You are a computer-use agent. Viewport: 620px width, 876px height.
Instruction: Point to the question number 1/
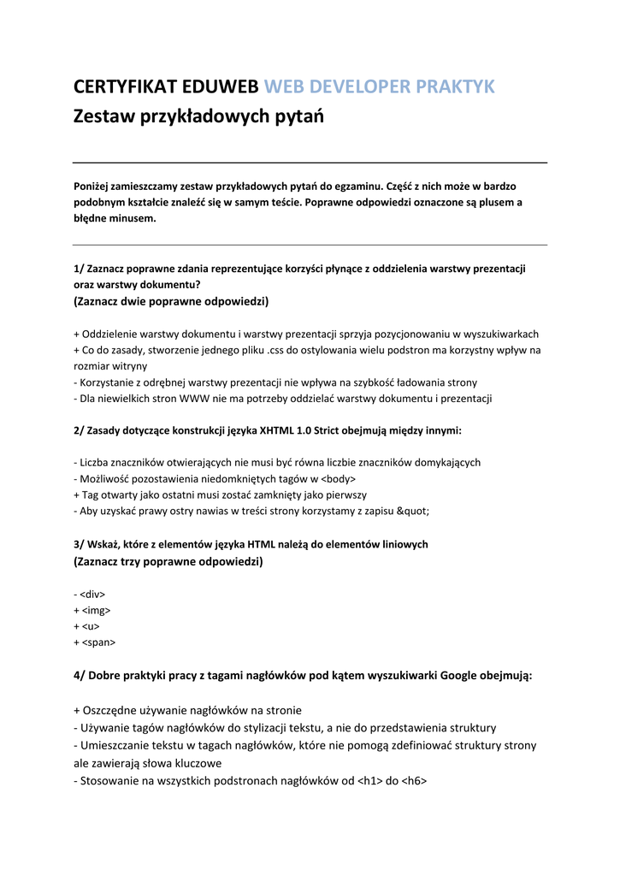click(x=79, y=269)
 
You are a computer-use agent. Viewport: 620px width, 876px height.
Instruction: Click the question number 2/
click(x=79, y=430)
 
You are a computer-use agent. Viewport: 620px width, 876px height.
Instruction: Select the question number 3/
click(x=79, y=544)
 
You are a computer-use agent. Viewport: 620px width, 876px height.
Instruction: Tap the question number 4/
click(x=80, y=676)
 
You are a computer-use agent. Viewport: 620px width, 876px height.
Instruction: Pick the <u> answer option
click(x=91, y=626)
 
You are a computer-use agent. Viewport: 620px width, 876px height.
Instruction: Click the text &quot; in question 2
click(x=413, y=511)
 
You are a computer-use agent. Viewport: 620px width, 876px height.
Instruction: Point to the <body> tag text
click(x=340, y=478)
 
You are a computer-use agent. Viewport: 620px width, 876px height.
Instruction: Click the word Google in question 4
click(x=458, y=676)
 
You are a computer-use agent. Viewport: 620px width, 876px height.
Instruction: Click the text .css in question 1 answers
click(x=277, y=350)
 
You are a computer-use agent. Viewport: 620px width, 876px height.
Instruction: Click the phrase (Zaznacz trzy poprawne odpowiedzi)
click(x=168, y=561)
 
